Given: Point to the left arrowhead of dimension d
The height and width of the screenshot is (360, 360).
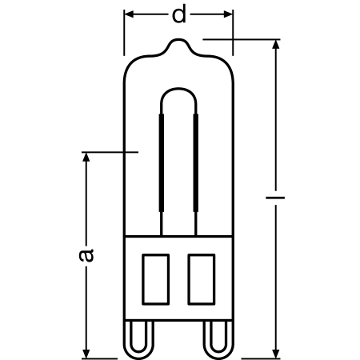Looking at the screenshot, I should coord(130,15).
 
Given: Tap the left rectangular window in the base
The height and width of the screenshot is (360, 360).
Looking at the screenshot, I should coord(157,277).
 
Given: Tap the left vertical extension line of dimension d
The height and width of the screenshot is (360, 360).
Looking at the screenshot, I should coord(125,32).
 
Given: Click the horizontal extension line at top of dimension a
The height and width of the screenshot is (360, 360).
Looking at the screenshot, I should coord(112,150).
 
